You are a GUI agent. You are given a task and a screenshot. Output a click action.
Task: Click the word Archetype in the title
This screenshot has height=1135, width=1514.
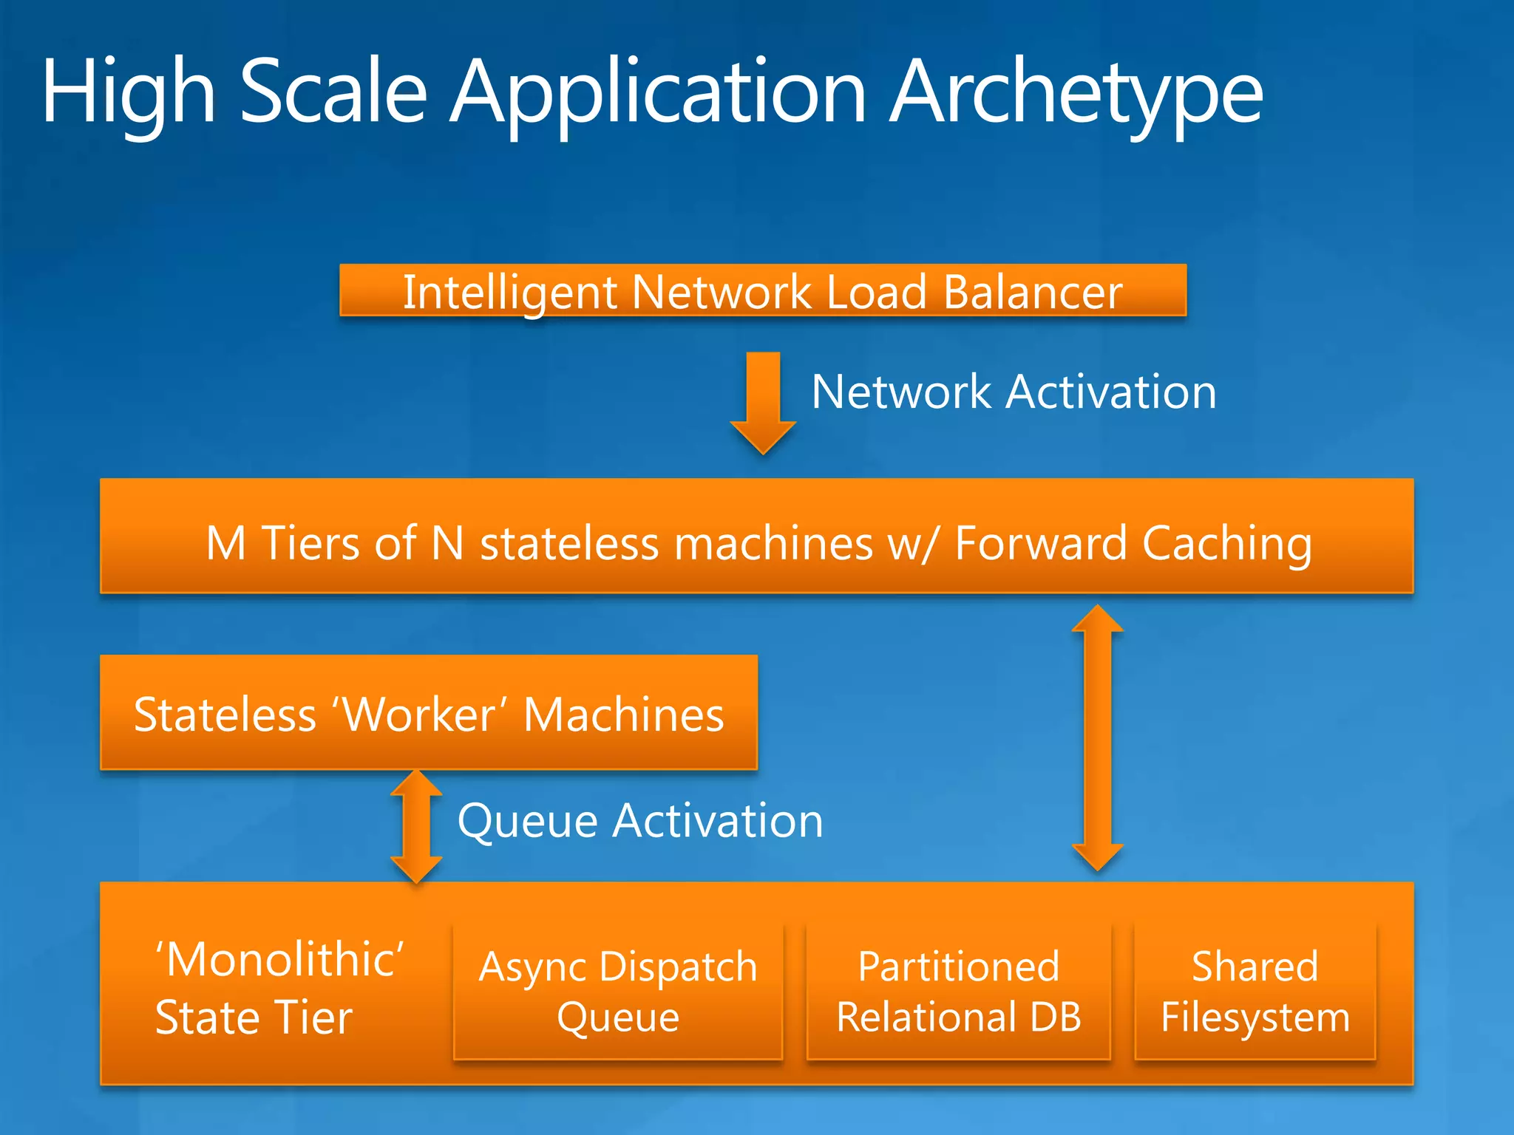click(x=1076, y=92)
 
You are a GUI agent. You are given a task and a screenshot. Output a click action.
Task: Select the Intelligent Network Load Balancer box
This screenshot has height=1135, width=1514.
click(x=763, y=290)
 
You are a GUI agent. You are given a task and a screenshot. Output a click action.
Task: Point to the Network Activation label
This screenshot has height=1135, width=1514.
click(x=1014, y=392)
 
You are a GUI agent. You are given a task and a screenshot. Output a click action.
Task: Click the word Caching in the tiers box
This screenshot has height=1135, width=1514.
click(x=1227, y=544)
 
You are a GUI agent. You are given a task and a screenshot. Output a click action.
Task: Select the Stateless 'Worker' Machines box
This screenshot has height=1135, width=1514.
click(x=429, y=713)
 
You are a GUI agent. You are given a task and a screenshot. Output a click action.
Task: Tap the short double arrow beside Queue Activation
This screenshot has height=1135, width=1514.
click(x=416, y=826)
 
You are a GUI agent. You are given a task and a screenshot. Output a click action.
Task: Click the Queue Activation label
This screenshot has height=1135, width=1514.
click(x=640, y=820)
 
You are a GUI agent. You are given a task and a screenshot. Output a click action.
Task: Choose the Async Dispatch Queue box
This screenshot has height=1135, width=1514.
click(x=618, y=991)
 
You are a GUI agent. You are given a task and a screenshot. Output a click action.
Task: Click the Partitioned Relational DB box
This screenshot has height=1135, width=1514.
click(x=959, y=991)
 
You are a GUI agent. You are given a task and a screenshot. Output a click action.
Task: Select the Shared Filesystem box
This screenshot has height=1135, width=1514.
click(x=1255, y=991)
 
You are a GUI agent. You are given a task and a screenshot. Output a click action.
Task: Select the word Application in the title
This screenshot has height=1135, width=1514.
click(x=658, y=92)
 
